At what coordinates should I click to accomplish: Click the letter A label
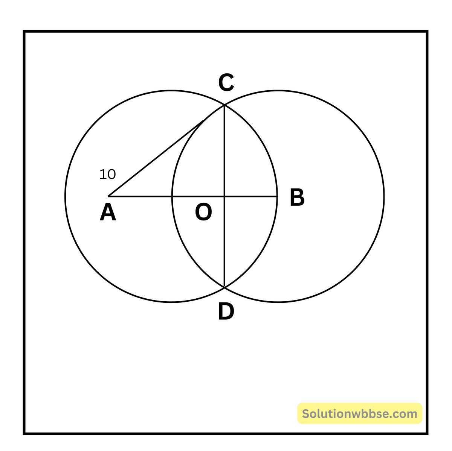point(108,213)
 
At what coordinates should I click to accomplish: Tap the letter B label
point(297,198)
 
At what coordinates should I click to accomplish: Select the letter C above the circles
point(226,83)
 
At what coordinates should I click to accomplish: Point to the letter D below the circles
point(226,312)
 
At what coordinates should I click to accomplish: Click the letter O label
point(203,213)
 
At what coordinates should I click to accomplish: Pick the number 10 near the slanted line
point(107,174)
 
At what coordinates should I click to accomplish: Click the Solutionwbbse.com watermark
point(360,414)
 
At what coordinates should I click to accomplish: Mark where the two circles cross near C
point(224,105)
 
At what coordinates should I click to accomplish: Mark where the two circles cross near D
point(224,288)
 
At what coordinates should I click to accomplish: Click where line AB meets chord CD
point(224,196)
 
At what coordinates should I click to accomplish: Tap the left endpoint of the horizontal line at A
point(108,196)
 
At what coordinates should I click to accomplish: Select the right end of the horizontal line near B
point(277,196)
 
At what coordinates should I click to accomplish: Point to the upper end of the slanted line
point(203,120)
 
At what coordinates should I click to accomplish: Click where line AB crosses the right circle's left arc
point(172,196)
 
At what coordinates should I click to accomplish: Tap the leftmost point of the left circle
point(66,196)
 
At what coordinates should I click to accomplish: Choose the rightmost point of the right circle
point(384,196)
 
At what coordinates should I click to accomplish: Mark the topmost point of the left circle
point(171,91)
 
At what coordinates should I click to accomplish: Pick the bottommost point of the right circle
point(278,302)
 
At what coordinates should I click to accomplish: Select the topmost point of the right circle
point(278,91)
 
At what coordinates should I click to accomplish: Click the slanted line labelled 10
point(156,158)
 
